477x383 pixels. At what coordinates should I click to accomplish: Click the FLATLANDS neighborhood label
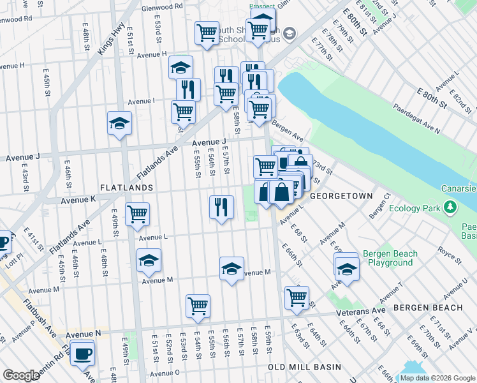pyautogui.click(x=126, y=188)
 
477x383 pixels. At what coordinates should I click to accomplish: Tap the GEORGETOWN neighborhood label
pyautogui.click(x=341, y=196)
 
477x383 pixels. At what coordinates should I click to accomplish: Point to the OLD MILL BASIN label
pyautogui.click(x=304, y=368)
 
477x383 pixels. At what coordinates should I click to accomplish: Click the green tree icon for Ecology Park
pyautogui.click(x=451, y=207)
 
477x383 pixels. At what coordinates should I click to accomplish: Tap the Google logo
pyautogui.click(x=21, y=375)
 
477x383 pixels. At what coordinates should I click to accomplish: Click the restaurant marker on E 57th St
pyautogui.click(x=221, y=207)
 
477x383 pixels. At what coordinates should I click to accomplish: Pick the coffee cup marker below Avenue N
pyautogui.click(x=82, y=353)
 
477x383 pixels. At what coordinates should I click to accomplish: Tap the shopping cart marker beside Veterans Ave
pyautogui.click(x=297, y=297)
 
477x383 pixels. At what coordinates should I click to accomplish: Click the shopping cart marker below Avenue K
pyautogui.click(x=137, y=214)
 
